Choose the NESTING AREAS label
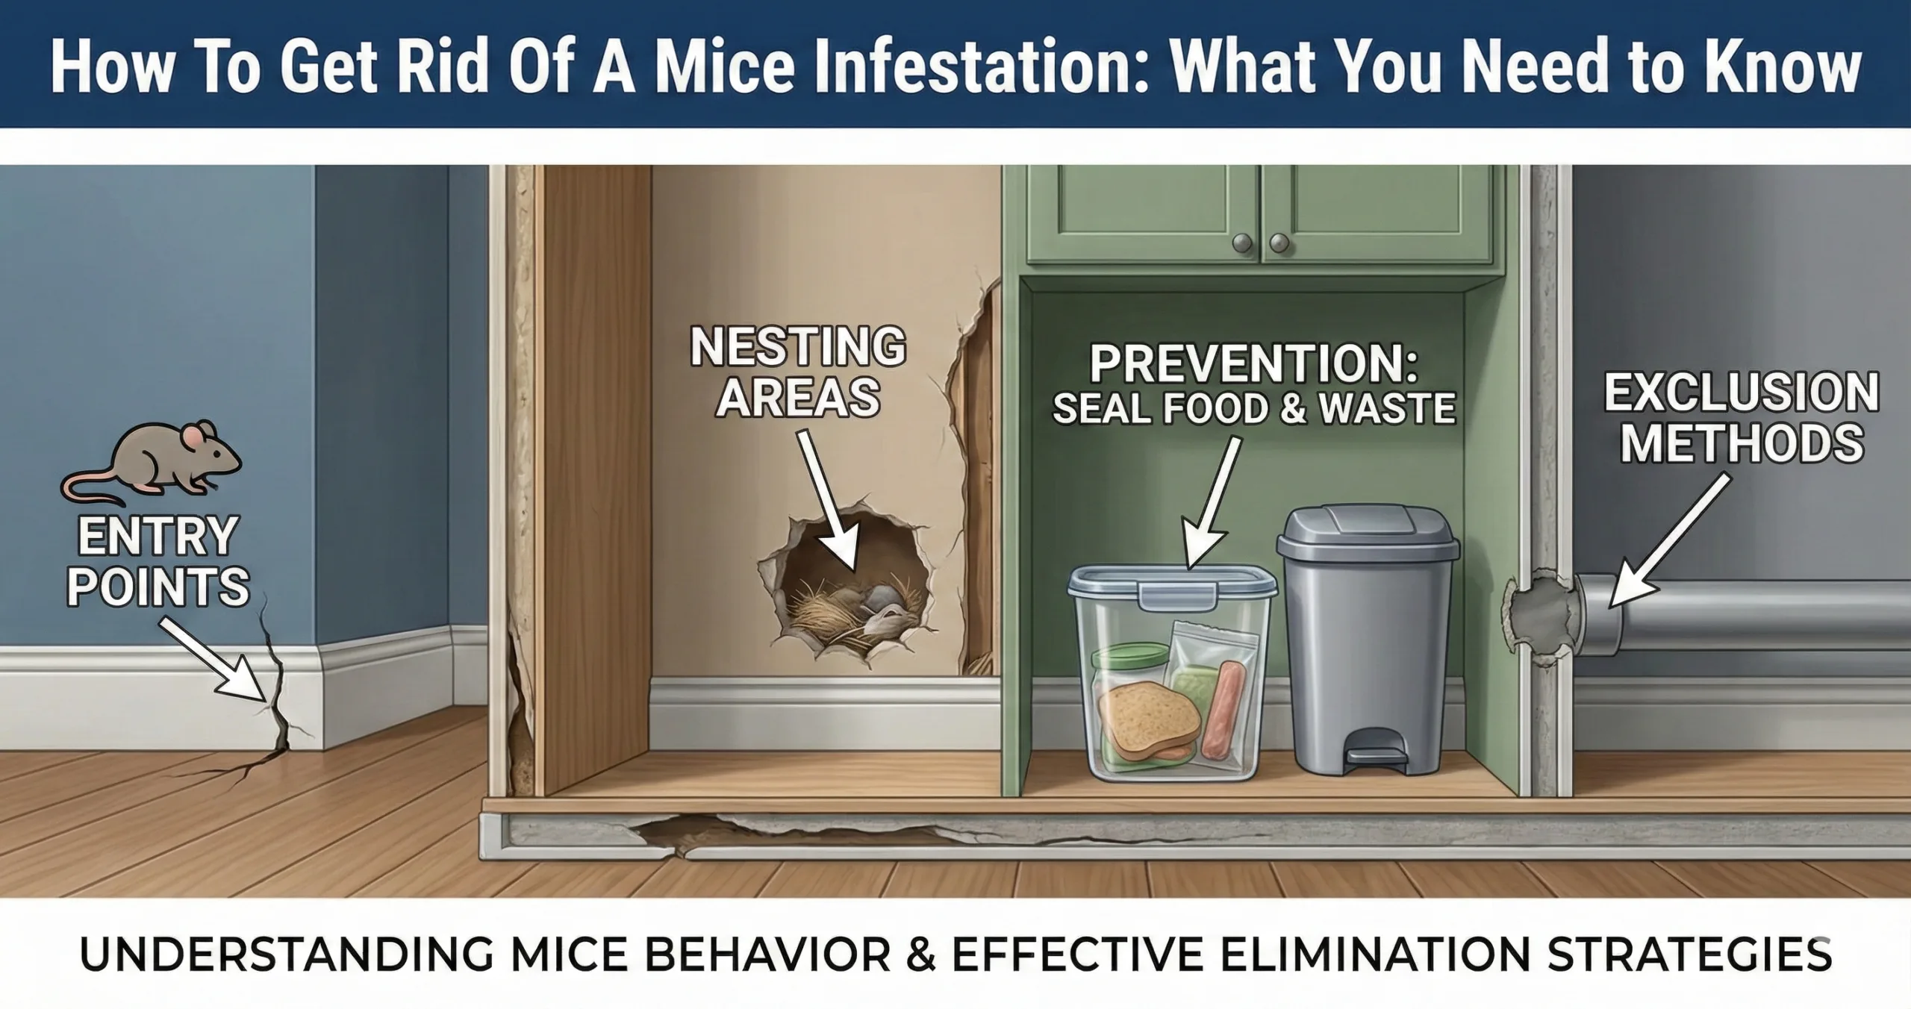pos(798,372)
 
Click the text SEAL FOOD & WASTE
pos(1254,409)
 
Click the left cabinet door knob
pos(1242,243)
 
